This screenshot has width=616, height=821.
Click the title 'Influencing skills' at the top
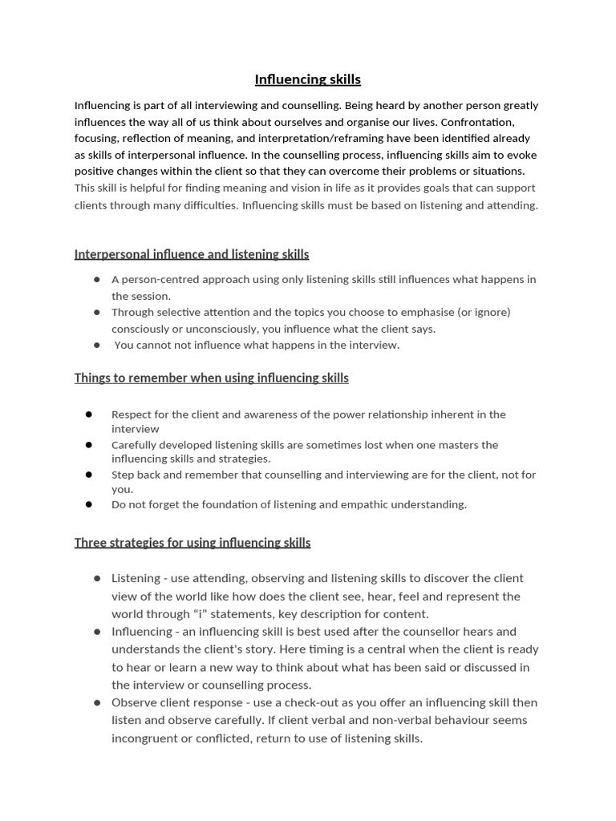pos(307,79)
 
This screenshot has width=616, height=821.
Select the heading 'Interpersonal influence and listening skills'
pos(191,254)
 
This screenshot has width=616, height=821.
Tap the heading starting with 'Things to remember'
pos(211,378)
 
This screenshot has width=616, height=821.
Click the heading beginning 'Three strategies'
pos(192,543)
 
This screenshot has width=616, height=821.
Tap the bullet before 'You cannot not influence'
pos(97,345)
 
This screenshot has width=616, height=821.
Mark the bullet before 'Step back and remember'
pos(89,475)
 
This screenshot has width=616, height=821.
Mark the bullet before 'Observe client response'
pos(97,702)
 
